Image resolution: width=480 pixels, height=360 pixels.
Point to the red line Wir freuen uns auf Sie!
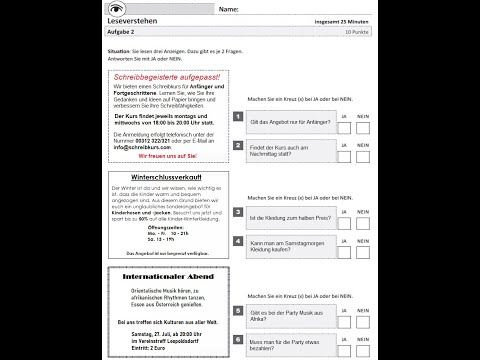[169, 156]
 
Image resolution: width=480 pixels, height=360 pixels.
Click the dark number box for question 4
[238, 241]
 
